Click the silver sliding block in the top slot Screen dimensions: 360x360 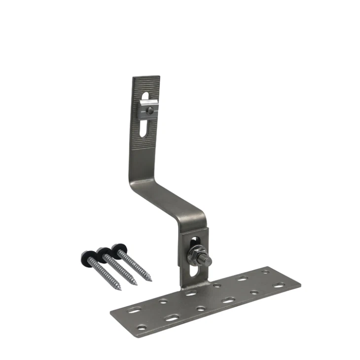pos(148,108)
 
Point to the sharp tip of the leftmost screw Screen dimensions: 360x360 pos(120,289)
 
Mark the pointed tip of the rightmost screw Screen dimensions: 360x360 pos(150,280)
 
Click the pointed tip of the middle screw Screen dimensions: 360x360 pos(136,285)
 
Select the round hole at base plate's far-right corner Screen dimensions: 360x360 pos(266,272)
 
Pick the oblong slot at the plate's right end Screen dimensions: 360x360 pos(279,285)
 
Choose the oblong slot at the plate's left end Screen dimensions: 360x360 pos(133,311)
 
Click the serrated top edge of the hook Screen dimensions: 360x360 pos(146,77)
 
